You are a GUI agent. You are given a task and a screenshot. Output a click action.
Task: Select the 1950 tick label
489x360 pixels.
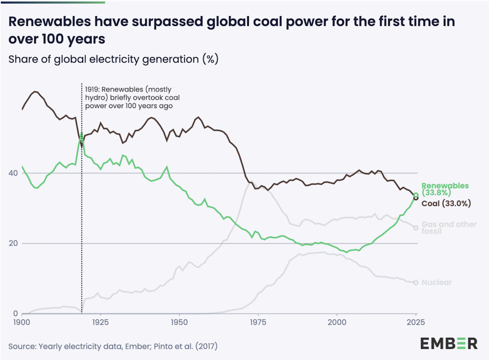(179, 323)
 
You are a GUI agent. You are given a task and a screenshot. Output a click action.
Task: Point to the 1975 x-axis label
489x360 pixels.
(258, 323)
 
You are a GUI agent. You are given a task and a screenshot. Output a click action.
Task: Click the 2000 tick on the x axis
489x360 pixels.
(337, 323)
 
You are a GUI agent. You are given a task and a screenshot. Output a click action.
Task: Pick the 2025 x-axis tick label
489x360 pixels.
(415, 323)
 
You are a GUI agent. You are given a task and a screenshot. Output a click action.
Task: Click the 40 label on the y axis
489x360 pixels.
(15, 173)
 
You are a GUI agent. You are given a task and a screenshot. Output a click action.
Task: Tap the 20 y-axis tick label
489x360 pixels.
(15, 244)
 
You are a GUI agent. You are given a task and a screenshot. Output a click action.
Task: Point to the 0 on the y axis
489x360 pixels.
(16, 314)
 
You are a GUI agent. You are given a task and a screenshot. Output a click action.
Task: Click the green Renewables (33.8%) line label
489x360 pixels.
(445, 189)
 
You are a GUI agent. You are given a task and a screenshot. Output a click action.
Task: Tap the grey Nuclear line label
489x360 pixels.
(436, 282)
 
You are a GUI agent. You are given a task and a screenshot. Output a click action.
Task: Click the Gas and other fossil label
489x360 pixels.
(448, 227)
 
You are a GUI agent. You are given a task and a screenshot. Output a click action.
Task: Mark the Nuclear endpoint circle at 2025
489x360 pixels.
(416, 283)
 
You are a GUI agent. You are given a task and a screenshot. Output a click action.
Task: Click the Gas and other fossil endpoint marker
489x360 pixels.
(416, 227)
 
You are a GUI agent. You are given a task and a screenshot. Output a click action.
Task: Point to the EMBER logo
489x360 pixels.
(449, 343)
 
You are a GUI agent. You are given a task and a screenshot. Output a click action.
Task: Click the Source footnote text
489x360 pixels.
(113, 346)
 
